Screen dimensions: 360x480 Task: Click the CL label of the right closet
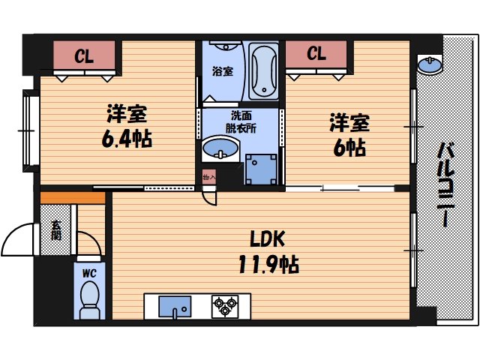[316, 54]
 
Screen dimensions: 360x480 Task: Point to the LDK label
[267, 240]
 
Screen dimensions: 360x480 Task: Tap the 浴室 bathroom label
[221, 72]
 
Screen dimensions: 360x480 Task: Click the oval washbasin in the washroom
[220, 148]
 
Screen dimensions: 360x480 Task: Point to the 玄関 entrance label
[56, 229]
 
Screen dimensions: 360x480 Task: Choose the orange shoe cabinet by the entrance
[73, 197]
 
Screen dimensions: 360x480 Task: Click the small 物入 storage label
[208, 178]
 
